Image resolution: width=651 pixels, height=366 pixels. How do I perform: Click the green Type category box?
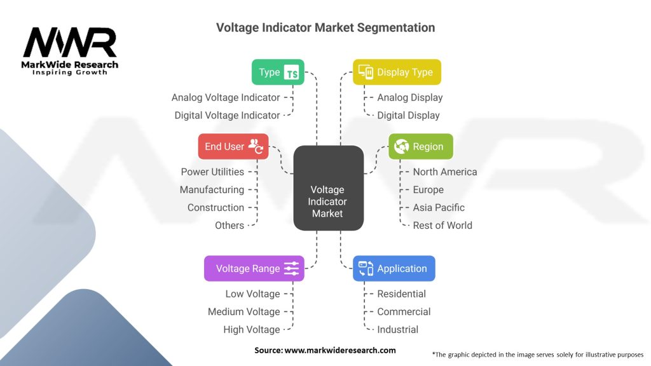pos(278,72)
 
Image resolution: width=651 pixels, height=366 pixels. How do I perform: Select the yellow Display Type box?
pos(397,72)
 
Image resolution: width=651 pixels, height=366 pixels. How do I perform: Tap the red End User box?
pos(233,146)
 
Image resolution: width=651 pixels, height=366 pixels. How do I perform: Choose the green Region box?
pos(420,146)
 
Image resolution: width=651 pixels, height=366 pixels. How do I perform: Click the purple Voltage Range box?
pos(254,268)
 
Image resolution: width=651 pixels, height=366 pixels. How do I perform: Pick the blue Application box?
pos(394,268)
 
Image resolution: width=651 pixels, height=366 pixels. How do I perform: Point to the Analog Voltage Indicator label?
pos(226,97)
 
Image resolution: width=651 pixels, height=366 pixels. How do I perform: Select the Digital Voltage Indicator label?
pos(227,115)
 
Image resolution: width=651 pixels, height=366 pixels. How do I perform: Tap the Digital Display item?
pos(408,115)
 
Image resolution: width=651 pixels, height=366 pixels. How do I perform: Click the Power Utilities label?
pos(212,172)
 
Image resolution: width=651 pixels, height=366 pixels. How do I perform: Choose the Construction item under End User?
pos(216,207)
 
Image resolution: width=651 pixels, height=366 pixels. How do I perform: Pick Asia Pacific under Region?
pos(439,207)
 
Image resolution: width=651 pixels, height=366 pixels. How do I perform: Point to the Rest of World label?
pos(442,225)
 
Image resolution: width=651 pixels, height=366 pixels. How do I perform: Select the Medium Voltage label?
pos(243,311)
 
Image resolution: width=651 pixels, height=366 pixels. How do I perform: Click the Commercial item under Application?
pos(404,311)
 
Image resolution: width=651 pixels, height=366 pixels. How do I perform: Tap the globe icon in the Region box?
pos(401,146)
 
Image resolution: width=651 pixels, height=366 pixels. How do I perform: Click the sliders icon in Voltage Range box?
pos(291,268)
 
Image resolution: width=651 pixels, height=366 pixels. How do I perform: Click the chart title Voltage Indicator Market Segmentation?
pos(325,27)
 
